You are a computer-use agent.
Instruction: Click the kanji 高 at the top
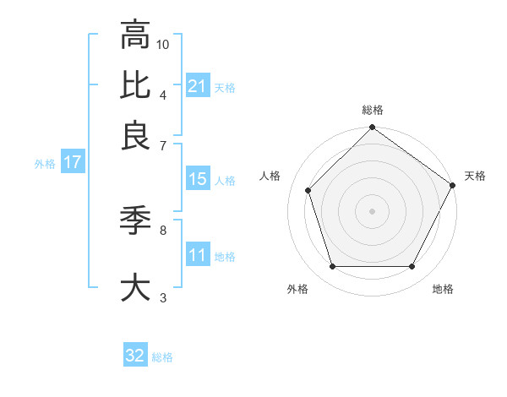point(135,35)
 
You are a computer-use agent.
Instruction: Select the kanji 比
point(135,84)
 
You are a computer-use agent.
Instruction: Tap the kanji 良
point(135,134)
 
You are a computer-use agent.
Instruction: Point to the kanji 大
point(135,286)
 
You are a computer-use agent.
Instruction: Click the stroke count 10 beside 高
point(164,43)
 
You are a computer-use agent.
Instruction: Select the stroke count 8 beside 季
point(163,228)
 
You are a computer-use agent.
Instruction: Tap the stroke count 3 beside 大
point(163,296)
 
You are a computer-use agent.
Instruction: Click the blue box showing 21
point(198,85)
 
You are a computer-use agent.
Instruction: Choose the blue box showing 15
point(198,179)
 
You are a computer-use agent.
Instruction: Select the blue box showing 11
point(198,255)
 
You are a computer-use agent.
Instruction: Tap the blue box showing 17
point(73,163)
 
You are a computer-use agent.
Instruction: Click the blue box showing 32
point(135,356)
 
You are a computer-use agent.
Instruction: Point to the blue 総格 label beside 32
point(162,357)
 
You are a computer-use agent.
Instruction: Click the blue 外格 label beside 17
point(45,164)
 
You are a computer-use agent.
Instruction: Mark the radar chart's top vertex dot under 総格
point(372,128)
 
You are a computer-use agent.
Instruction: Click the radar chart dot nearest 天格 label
point(453,186)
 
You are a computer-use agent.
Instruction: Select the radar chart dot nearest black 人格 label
point(308,191)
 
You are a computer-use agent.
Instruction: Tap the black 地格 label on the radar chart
point(443,289)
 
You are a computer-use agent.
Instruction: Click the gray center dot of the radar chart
point(372,210)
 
